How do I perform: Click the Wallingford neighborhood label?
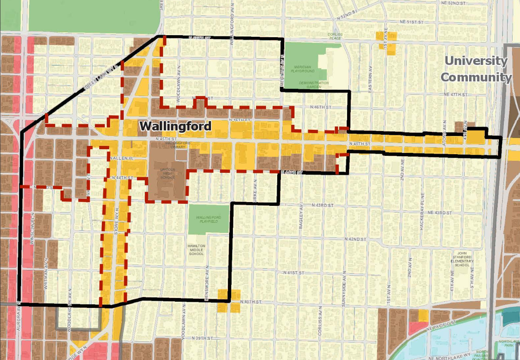tap(175, 126)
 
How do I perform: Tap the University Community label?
tap(476, 69)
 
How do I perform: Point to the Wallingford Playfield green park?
tap(208, 219)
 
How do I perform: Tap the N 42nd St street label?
tap(355, 239)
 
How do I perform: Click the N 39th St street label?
tap(202, 339)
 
